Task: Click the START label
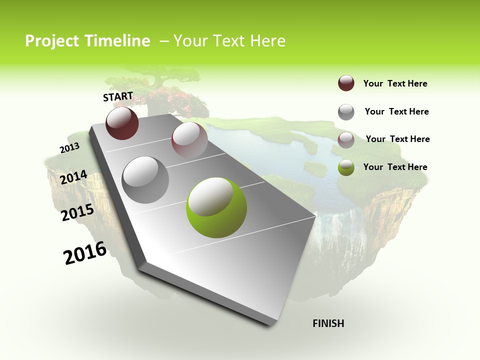point(118,96)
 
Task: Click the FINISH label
point(328,323)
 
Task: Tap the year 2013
point(69,148)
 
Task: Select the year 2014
point(73,177)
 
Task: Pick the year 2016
point(85,253)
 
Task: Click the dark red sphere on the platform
point(122,123)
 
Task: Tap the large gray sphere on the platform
point(145,179)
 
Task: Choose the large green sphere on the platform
point(216,207)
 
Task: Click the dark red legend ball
point(346,83)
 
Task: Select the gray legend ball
point(346,112)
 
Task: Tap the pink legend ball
point(346,140)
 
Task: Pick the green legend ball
point(346,168)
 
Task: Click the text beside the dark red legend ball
point(395,83)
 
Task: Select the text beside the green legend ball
point(395,167)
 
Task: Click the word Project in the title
point(52,41)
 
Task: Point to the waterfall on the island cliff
point(350,225)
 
